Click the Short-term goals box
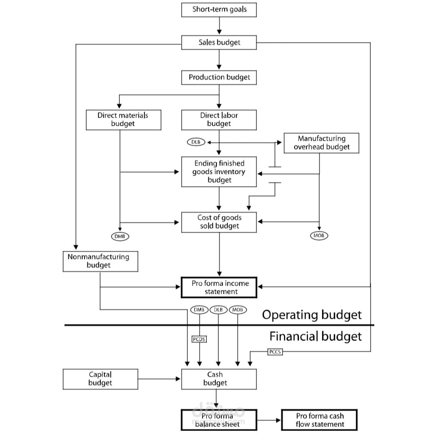tap(219, 10)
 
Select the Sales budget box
tap(219, 42)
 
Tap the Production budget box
tap(219, 77)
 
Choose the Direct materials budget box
tap(123, 120)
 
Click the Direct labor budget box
tap(219, 120)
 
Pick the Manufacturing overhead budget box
tap(321, 143)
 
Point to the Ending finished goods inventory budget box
tap(219, 172)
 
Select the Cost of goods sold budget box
tap(219, 222)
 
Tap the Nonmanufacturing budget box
tap(100, 261)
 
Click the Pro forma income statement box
tap(219, 288)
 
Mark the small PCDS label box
tap(199, 339)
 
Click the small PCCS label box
tap(275, 352)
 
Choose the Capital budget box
tap(100, 379)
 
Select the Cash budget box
tap(219, 379)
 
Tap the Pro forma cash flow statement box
tap(320, 420)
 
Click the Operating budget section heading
tap(312, 315)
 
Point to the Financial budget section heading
tap(316, 336)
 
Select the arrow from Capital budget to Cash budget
tap(159, 379)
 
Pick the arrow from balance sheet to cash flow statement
tap(269, 420)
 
